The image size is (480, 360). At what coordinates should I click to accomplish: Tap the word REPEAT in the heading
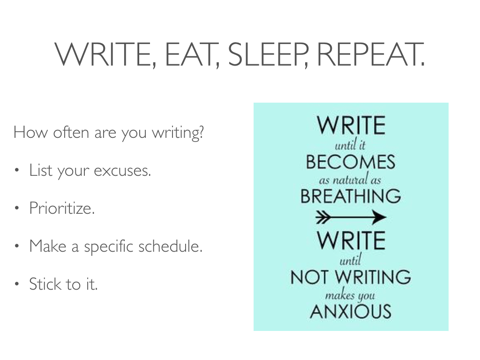click(369, 54)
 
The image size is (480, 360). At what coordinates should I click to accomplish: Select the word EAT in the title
click(190, 54)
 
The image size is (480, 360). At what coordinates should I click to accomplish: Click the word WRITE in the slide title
click(104, 54)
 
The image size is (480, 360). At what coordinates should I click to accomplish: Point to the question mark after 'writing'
click(201, 132)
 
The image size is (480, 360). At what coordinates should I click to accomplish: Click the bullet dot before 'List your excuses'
click(17, 170)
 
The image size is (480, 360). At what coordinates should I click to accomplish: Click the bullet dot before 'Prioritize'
click(17, 208)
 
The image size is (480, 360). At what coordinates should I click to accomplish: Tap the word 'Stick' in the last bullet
click(45, 284)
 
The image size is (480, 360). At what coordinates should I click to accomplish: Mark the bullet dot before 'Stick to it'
click(17, 284)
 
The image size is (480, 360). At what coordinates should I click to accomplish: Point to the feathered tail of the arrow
click(323, 217)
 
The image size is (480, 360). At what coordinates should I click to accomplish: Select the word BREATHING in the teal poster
click(351, 196)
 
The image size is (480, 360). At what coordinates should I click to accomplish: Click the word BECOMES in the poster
click(351, 162)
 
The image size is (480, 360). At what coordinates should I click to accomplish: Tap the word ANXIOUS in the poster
click(351, 311)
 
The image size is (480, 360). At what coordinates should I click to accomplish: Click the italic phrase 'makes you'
click(350, 295)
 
